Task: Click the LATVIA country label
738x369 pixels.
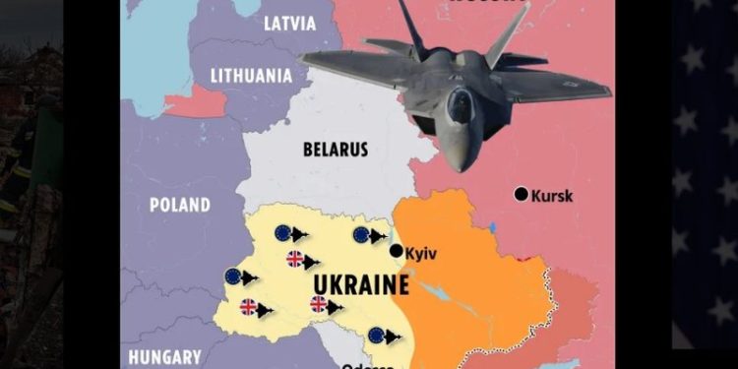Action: [x=289, y=24]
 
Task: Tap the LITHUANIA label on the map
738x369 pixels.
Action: [x=252, y=75]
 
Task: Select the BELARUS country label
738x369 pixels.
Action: [x=336, y=150]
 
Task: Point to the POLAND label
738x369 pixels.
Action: [x=179, y=206]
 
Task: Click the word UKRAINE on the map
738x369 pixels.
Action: [x=360, y=286]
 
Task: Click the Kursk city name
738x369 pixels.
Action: [x=551, y=196]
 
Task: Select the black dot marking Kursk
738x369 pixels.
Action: [x=521, y=194]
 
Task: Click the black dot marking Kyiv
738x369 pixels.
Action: [x=396, y=251]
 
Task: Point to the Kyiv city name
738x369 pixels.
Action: [x=421, y=253]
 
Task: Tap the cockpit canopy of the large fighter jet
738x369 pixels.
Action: [x=460, y=104]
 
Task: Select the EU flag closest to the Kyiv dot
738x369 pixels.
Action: [x=361, y=234]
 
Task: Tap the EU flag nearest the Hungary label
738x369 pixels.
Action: [x=233, y=277]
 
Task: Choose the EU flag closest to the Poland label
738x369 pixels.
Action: [x=283, y=233]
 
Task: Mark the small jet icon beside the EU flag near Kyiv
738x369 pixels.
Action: [x=380, y=235]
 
